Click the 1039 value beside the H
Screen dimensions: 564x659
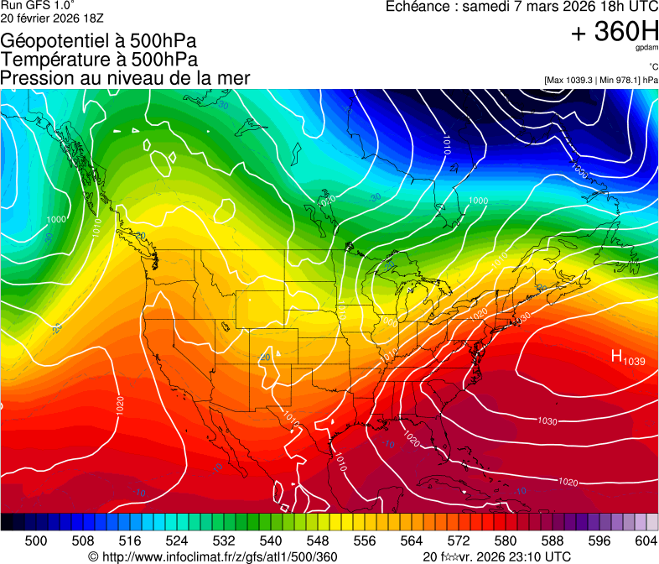[634, 361]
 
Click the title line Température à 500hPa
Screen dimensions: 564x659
[99, 60]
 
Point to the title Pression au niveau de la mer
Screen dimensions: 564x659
[125, 78]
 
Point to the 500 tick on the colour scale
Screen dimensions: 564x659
[36, 540]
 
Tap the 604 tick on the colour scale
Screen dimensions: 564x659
[646, 540]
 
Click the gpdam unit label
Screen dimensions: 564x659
[646, 49]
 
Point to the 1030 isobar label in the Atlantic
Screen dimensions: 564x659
[547, 421]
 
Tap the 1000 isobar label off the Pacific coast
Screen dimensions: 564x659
[56, 219]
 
